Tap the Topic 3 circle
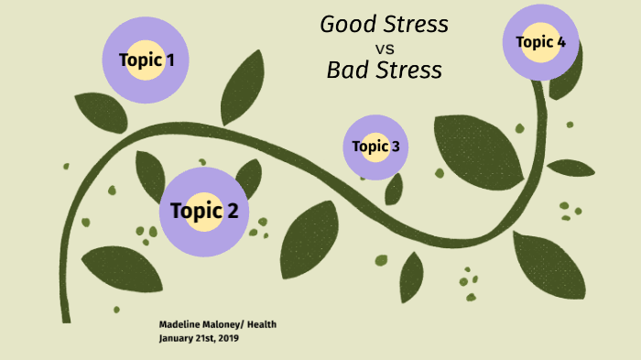(x=375, y=147)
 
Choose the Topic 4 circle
(x=540, y=42)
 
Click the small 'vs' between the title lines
(x=385, y=48)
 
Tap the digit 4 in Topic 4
(x=560, y=42)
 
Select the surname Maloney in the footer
(x=222, y=324)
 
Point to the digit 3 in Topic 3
(x=395, y=147)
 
